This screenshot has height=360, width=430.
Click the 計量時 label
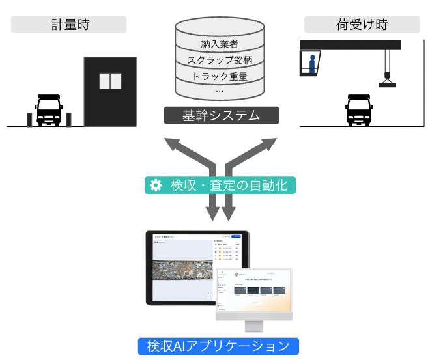tap(68, 25)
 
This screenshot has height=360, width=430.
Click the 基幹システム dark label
tap(221, 117)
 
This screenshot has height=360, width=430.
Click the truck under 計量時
tap(48, 111)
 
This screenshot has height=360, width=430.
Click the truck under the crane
tap(357, 111)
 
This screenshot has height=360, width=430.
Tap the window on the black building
tap(110, 81)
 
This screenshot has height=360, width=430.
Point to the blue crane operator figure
tap(313, 64)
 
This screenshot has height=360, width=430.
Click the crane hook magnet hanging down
tap(387, 82)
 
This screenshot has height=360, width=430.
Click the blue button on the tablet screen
tap(236, 236)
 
